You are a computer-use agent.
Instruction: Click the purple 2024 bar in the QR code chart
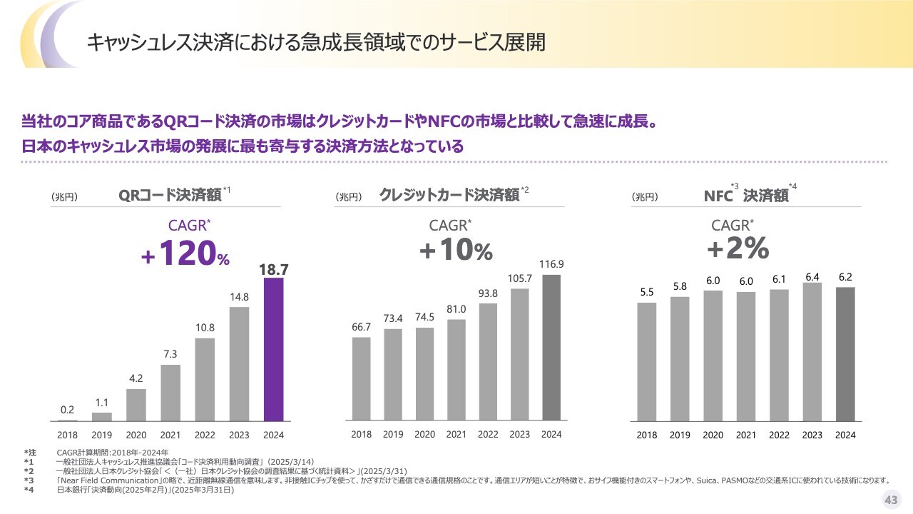(x=274, y=350)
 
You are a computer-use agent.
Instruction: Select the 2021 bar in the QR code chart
(x=170, y=393)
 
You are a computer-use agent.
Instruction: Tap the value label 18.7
(x=274, y=269)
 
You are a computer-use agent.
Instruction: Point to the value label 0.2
(x=67, y=410)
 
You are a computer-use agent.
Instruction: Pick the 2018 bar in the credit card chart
(x=362, y=378)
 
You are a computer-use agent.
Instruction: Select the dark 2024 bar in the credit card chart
(x=551, y=347)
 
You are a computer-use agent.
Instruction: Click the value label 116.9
(x=551, y=264)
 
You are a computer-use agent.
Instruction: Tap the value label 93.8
(x=488, y=293)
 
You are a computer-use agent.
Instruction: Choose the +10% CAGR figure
(x=456, y=251)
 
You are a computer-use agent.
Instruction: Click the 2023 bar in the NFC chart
(x=812, y=352)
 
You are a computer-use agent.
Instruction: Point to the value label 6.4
(x=812, y=276)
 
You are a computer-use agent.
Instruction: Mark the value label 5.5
(x=646, y=292)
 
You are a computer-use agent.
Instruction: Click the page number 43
(x=891, y=500)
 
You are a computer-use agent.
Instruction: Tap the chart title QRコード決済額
(x=170, y=195)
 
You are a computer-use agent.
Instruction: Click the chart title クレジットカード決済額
(x=449, y=195)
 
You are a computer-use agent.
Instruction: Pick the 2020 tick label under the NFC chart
(x=713, y=435)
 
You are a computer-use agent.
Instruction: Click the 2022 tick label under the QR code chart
(x=205, y=434)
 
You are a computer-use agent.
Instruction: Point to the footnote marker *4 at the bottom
(x=29, y=490)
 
